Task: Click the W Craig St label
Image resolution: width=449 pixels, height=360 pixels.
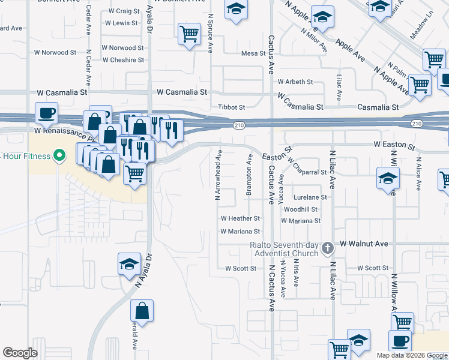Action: (x=124, y=11)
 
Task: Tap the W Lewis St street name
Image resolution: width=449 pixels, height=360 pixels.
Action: (x=121, y=23)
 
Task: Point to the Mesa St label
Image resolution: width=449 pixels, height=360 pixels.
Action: (x=253, y=53)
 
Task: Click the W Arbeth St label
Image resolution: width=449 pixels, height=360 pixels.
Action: (x=295, y=82)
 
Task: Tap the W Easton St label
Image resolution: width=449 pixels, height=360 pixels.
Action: (x=394, y=145)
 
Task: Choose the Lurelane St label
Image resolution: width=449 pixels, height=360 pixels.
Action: (x=310, y=197)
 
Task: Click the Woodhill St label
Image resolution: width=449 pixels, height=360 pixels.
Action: (x=300, y=209)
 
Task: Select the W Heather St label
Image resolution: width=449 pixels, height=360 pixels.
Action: (x=240, y=219)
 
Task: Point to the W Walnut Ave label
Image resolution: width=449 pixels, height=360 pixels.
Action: (x=364, y=244)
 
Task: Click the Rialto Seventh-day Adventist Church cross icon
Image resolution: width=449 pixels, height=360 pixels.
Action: (x=327, y=247)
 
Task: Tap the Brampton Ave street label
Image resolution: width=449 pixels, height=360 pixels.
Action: (x=249, y=175)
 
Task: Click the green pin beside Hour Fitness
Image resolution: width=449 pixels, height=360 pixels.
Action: (x=58, y=157)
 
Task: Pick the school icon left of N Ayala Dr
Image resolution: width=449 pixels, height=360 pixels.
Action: (x=128, y=264)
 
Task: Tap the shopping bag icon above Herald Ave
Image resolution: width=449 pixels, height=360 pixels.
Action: (x=142, y=310)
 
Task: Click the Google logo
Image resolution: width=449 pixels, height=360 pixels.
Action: (x=20, y=353)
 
